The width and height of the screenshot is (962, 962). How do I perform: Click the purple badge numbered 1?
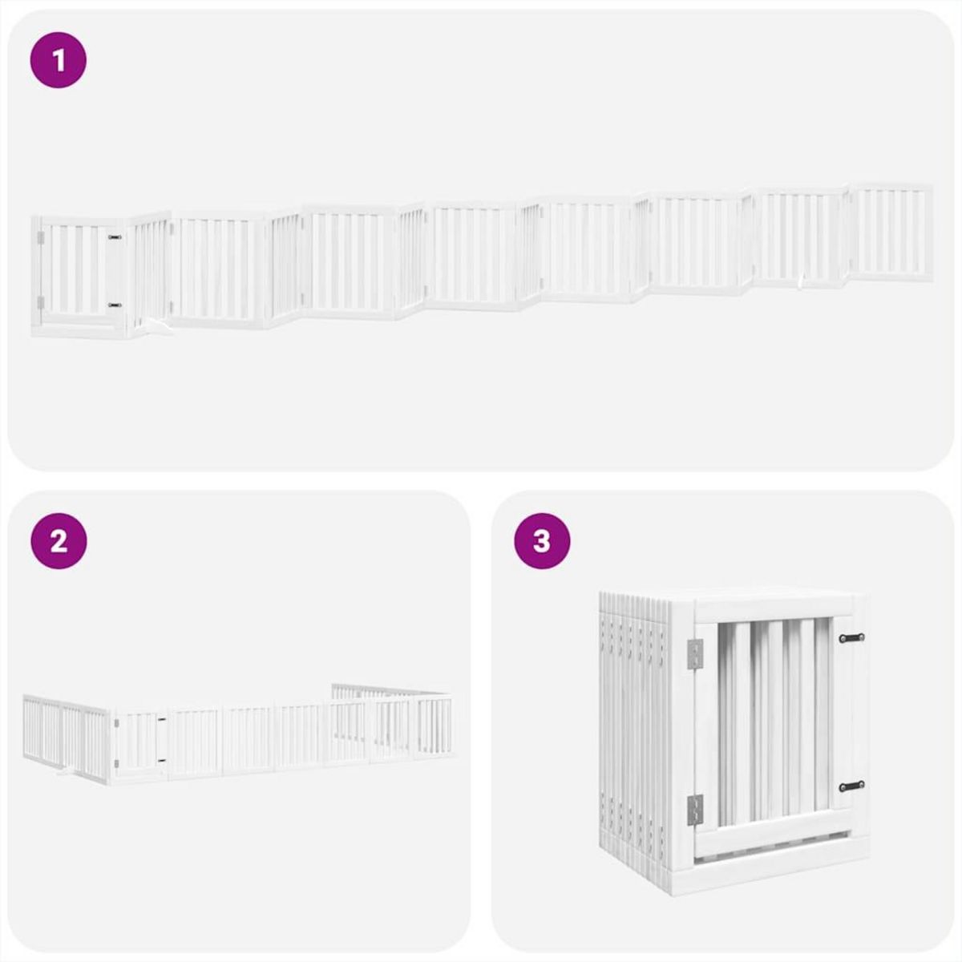(x=59, y=60)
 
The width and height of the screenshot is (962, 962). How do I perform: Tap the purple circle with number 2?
(x=59, y=541)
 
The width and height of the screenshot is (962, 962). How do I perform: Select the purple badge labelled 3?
(x=542, y=541)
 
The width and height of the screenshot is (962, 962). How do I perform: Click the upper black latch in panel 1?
(x=115, y=238)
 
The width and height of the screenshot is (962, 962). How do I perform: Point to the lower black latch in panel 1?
(x=115, y=305)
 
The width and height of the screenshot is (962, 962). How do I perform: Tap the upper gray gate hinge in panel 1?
(x=40, y=237)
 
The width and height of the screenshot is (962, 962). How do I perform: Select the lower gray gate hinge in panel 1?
(x=40, y=302)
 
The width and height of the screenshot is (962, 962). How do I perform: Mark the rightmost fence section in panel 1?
(x=891, y=232)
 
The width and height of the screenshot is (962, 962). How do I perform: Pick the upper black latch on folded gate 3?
(x=851, y=638)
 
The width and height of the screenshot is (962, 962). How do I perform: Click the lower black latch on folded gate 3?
(x=851, y=786)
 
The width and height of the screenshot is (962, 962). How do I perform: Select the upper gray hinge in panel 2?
(x=117, y=723)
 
